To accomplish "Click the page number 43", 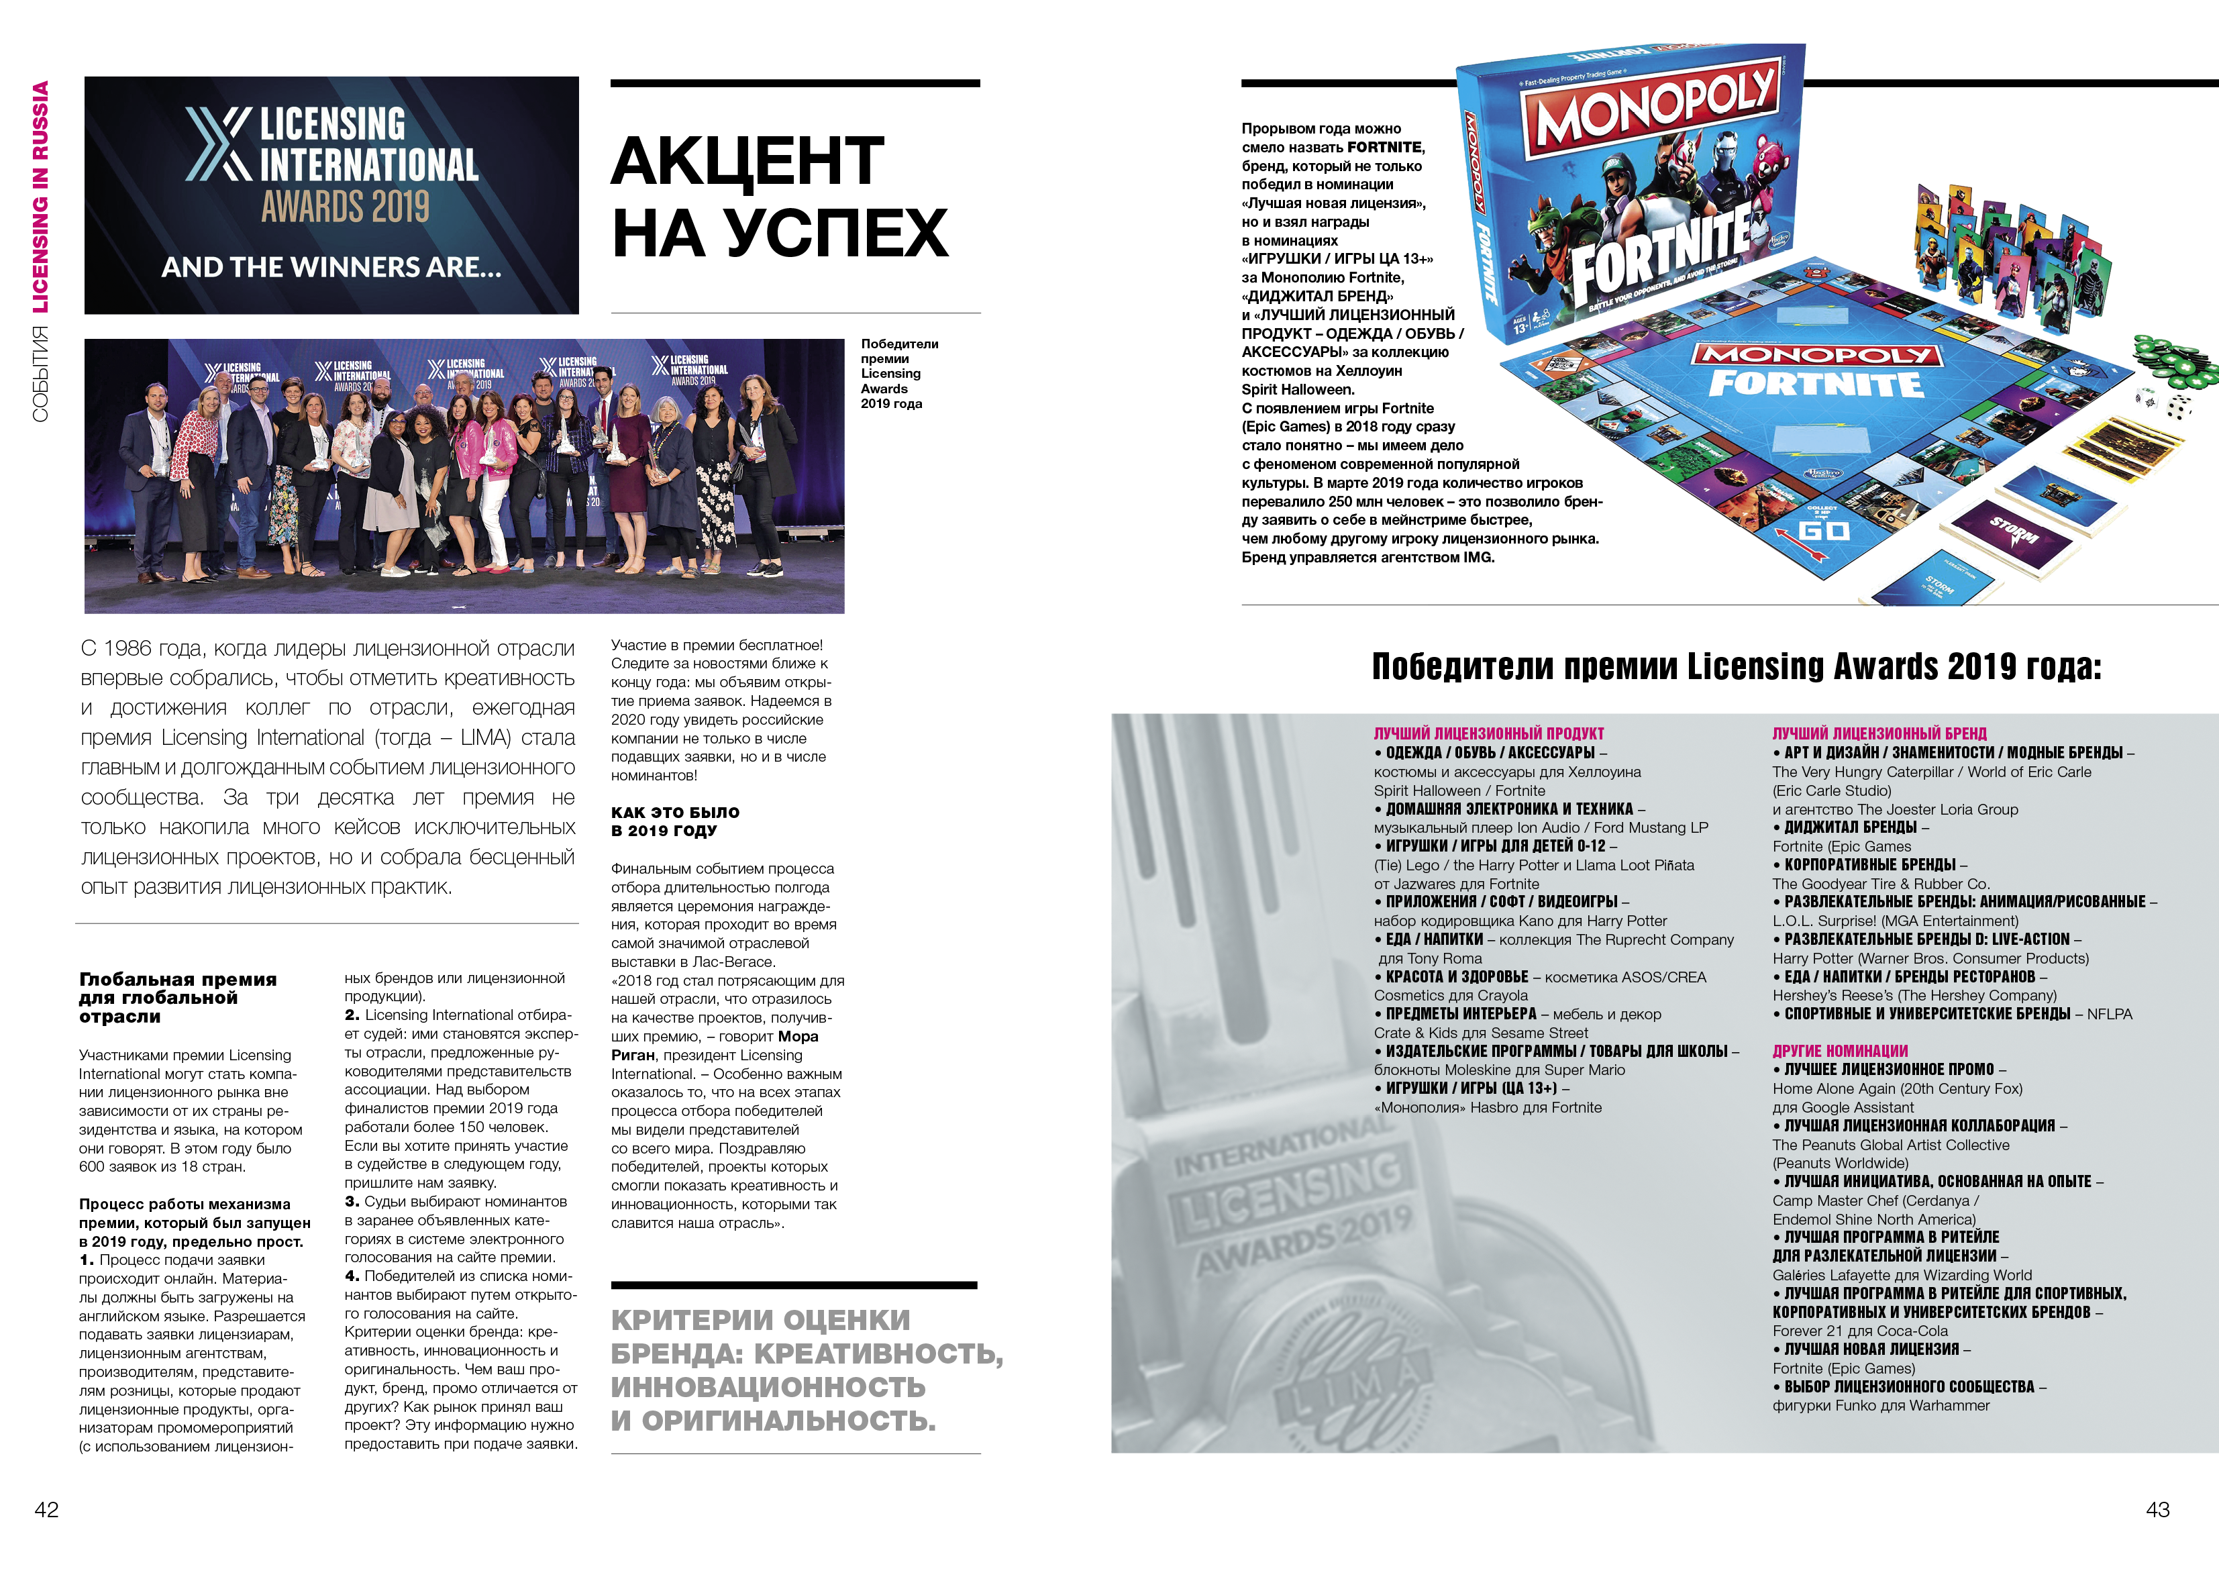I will (2157, 1509).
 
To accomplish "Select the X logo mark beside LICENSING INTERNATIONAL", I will (219, 144).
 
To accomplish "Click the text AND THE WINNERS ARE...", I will (331, 266).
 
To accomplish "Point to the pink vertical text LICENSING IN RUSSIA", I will (40, 196).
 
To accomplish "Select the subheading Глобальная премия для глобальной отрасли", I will (178, 997).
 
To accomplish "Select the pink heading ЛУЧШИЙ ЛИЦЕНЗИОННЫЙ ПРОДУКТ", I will (1488, 733).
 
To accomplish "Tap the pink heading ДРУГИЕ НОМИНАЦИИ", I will (1839, 1050).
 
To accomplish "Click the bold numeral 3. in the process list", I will (352, 1201).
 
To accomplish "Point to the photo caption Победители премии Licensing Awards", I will (898, 373).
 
